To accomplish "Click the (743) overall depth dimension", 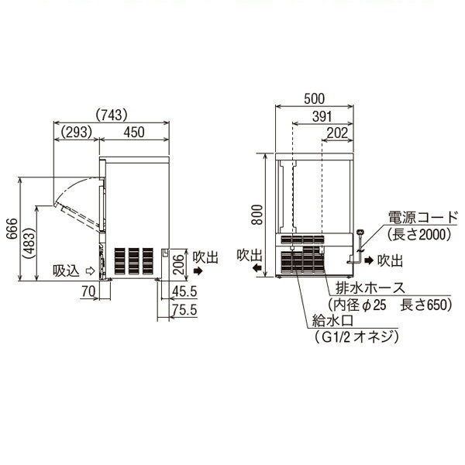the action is (112, 115).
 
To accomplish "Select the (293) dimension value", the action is (76, 132).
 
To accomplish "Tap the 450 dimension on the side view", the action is (134, 132).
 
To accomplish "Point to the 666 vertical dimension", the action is (12, 229).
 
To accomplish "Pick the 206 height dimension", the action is (178, 264).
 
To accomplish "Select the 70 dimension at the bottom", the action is (88, 291).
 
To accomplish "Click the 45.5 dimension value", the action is (184, 291).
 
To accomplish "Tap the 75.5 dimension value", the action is (184, 310).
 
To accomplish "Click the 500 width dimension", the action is (315, 98).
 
